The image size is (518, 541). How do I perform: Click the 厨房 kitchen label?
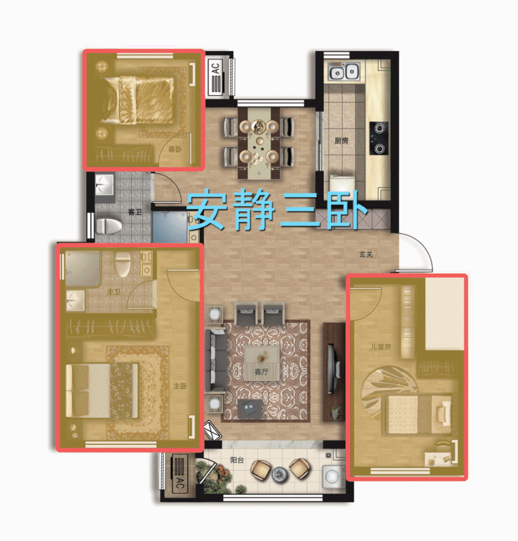[x=341, y=140]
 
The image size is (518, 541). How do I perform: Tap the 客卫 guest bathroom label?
[x=135, y=212]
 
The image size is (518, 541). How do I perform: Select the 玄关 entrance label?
[x=366, y=254]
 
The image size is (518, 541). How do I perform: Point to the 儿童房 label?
[x=380, y=346]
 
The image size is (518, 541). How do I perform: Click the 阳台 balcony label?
[x=237, y=460]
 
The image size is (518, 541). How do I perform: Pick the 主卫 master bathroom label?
[x=114, y=292]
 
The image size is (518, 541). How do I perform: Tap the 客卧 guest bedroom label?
[x=175, y=149]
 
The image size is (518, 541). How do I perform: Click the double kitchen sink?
[x=343, y=71]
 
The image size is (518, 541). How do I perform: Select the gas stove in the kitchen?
[x=379, y=138]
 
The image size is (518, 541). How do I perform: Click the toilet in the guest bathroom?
[x=108, y=227]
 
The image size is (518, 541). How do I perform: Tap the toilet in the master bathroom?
[x=123, y=264]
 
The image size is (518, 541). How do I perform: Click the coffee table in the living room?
[x=262, y=363]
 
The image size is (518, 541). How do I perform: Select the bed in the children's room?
[x=417, y=414]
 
